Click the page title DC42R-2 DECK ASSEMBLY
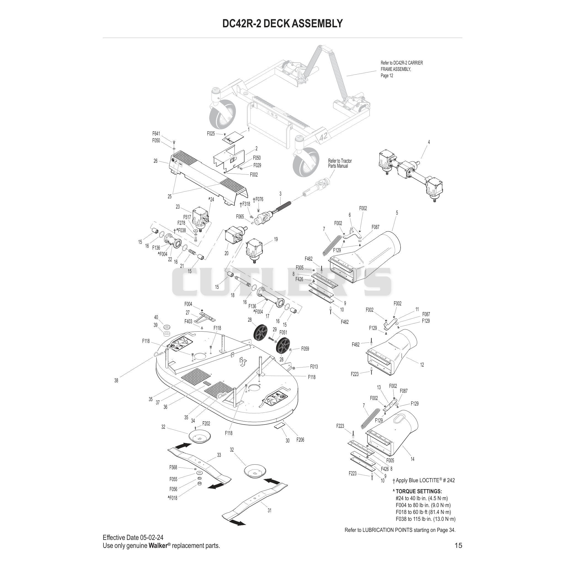[x=282, y=23]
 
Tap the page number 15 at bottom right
[x=458, y=545]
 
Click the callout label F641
[x=156, y=134]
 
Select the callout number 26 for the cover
[x=155, y=161]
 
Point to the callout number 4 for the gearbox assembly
[x=429, y=142]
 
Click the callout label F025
[x=211, y=134]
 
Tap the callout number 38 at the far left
[x=116, y=380]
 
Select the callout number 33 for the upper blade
[x=219, y=455]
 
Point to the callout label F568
[x=173, y=467]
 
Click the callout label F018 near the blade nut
[x=172, y=498]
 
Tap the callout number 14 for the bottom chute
[x=412, y=459]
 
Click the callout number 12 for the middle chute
[x=422, y=365]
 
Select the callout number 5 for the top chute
[x=397, y=213]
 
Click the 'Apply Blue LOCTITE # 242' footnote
[x=424, y=480]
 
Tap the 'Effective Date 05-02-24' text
[x=133, y=537]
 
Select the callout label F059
[x=305, y=349]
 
